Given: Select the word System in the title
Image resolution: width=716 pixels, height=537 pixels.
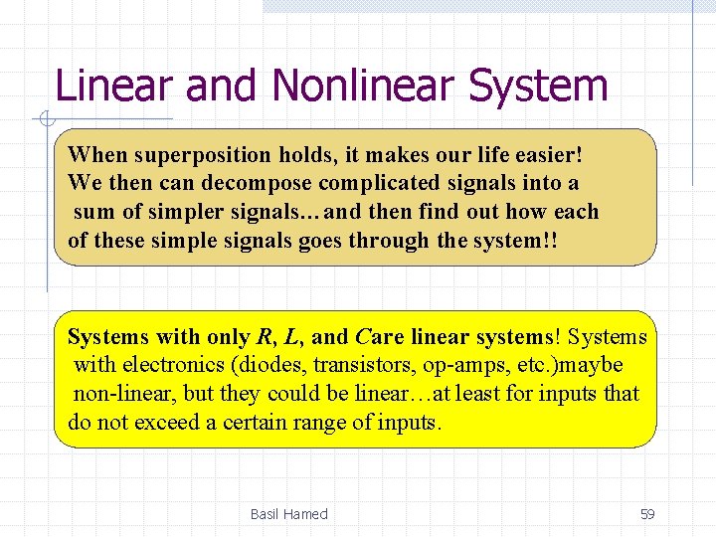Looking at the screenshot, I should (x=538, y=86).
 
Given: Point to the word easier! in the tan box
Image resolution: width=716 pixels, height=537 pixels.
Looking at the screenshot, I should (x=544, y=155).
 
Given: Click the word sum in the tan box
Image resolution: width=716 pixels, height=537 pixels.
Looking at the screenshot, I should (x=92, y=212).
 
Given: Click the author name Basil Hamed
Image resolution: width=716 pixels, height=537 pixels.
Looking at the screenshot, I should (x=288, y=514).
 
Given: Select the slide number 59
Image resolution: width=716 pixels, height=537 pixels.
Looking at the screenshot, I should (x=647, y=514).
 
